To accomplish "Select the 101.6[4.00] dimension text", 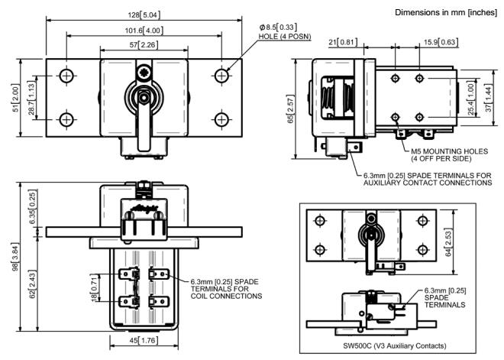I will click(143, 30).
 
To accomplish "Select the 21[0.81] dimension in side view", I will click(347, 44).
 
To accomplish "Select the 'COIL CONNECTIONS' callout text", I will click(221, 295).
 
